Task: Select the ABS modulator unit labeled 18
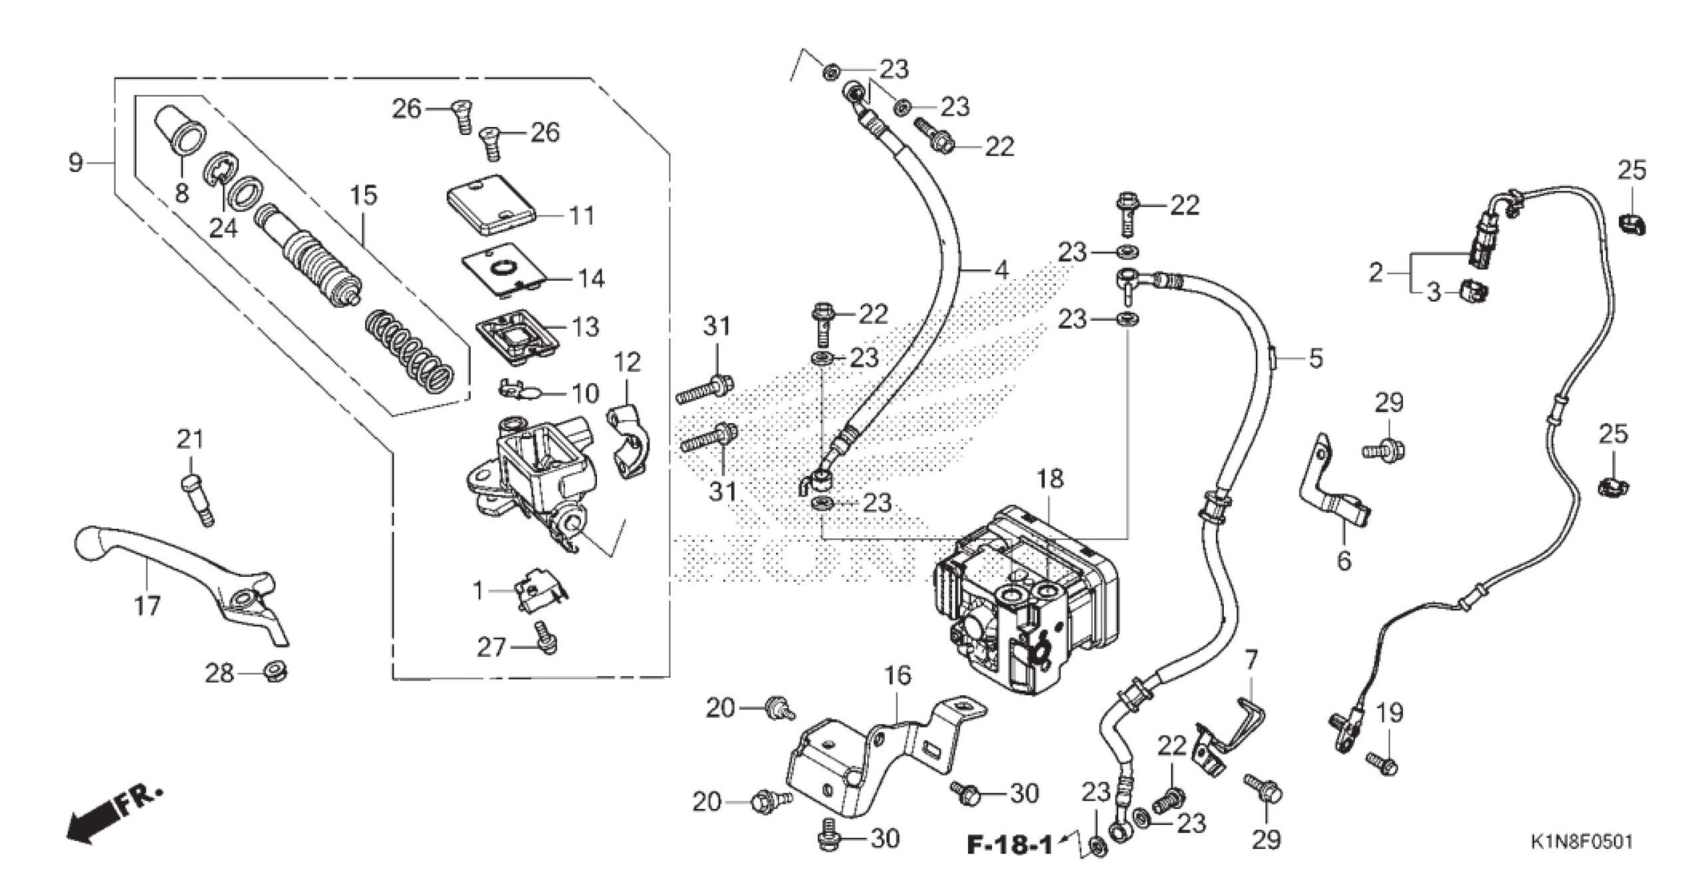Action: click(1024, 599)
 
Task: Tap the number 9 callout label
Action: click(76, 162)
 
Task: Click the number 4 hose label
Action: click(1001, 269)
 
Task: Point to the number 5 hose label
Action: click(1315, 358)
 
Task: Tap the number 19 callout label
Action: click(1390, 713)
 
